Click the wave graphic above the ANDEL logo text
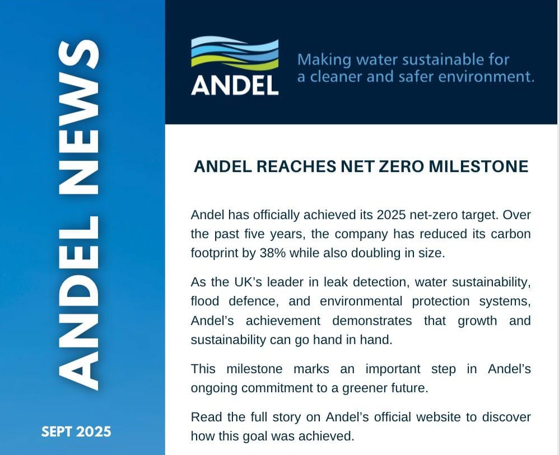click(x=235, y=53)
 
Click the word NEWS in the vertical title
click(x=78, y=117)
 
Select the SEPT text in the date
click(x=57, y=432)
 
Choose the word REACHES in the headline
click(x=296, y=166)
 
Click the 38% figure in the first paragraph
click(x=273, y=253)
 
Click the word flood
click(x=205, y=301)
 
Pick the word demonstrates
click(x=372, y=321)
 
